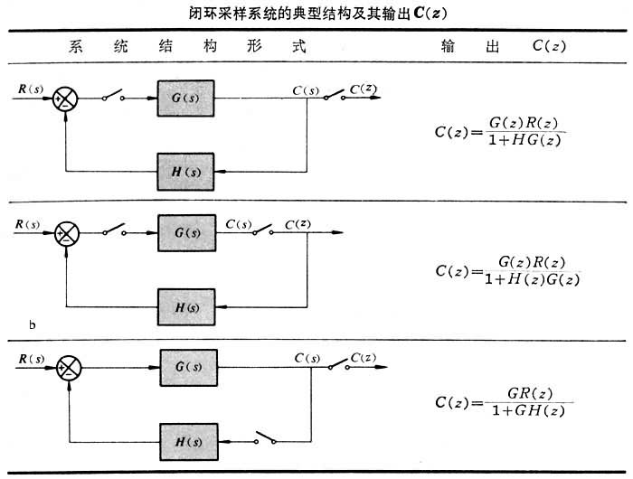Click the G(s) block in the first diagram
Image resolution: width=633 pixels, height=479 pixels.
pos(186,96)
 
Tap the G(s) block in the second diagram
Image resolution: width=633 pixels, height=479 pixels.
pos(186,231)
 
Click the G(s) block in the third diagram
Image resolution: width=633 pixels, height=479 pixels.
pos(186,367)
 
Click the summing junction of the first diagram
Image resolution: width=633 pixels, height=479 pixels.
pos(66,96)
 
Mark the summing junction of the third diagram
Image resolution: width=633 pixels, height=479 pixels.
pos(69,367)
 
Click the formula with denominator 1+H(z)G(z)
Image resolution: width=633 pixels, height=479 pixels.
pos(506,270)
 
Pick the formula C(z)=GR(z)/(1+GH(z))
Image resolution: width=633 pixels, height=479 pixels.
pos(503,403)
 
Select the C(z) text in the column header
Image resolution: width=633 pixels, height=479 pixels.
pos(549,46)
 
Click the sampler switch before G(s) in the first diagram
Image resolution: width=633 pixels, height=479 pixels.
pos(115,95)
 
